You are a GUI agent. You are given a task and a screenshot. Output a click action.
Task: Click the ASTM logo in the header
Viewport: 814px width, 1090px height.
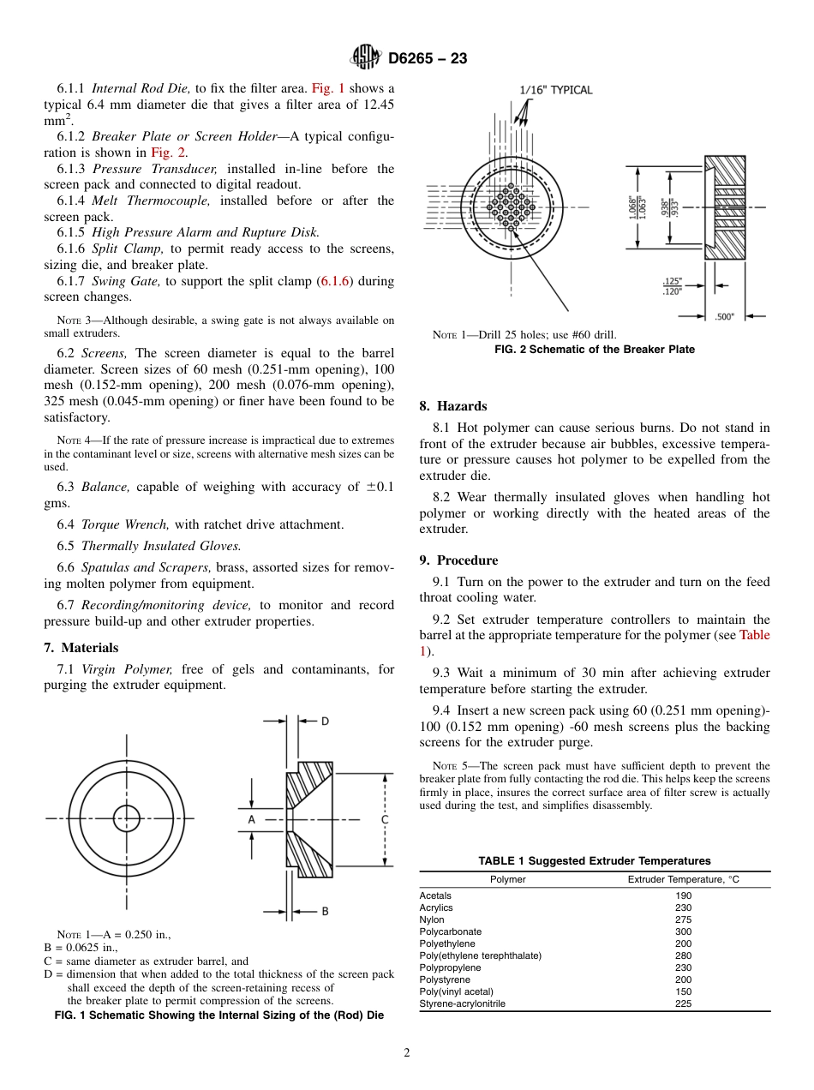tap(366, 58)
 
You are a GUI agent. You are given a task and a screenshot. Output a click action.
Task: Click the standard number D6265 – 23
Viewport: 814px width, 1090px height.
tap(428, 59)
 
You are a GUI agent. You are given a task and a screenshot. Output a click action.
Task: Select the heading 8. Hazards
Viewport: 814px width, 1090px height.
tap(453, 406)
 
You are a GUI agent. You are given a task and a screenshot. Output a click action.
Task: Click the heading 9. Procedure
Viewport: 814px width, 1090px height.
tap(458, 560)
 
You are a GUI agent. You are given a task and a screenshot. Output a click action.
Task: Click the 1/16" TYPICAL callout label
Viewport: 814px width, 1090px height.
tap(556, 90)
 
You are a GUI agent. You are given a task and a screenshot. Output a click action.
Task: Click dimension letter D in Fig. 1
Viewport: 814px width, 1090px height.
tap(325, 722)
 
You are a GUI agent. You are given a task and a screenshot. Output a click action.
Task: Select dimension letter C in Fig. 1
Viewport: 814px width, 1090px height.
tap(385, 819)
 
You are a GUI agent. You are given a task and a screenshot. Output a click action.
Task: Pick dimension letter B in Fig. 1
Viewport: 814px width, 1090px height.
tap(325, 911)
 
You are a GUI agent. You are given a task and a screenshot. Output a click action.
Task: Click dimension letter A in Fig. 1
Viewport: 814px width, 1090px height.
tap(252, 819)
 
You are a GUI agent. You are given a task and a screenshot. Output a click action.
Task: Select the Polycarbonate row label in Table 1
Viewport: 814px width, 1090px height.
tap(451, 931)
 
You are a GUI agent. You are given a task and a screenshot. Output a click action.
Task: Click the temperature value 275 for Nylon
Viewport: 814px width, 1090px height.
tap(683, 919)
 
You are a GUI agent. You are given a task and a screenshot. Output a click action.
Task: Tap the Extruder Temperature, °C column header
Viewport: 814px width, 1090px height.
tap(683, 879)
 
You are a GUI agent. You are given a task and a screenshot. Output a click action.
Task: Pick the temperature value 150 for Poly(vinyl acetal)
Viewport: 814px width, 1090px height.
tap(683, 991)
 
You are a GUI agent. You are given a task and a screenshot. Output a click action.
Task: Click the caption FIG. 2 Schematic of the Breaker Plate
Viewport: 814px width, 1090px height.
tap(595, 350)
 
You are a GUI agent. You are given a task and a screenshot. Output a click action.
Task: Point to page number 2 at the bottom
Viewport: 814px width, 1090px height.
tap(407, 1053)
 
